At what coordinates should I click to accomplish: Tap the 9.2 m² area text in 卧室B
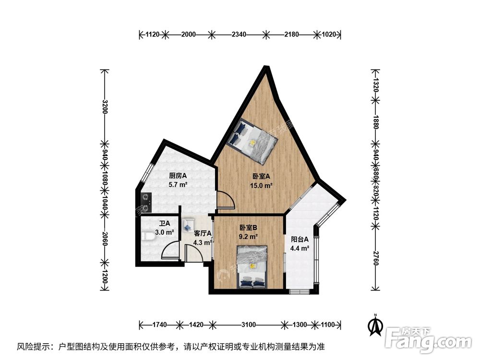pos(249,236)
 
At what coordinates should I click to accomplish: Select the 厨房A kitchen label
pos(178,176)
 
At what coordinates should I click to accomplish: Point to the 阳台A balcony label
pos(300,240)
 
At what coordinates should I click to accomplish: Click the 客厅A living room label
pos(203,233)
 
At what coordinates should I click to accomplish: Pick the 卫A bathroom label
pos(164,223)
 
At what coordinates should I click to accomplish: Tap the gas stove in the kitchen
pos(145,202)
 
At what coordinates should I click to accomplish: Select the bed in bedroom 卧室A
pos(252,139)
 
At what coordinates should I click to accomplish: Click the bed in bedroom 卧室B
pos(252,267)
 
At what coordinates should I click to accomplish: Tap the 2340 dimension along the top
pos(239,34)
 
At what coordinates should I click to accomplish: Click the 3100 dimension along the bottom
pos(248,325)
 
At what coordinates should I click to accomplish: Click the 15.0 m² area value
pos(262,185)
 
